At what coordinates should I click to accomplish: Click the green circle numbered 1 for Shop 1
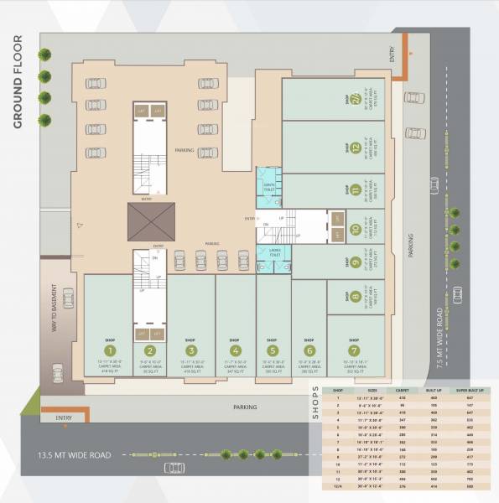point(109,350)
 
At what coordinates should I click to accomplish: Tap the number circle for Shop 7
point(354,350)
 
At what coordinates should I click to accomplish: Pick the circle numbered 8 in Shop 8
point(356,296)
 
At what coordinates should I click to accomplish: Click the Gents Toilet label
point(270,187)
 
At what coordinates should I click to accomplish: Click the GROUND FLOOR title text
point(18,82)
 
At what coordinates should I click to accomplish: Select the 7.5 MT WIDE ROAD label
point(439,333)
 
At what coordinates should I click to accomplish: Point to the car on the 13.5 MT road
point(174,467)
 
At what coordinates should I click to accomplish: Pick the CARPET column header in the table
point(403,391)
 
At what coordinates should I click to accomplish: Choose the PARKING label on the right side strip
point(412,245)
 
